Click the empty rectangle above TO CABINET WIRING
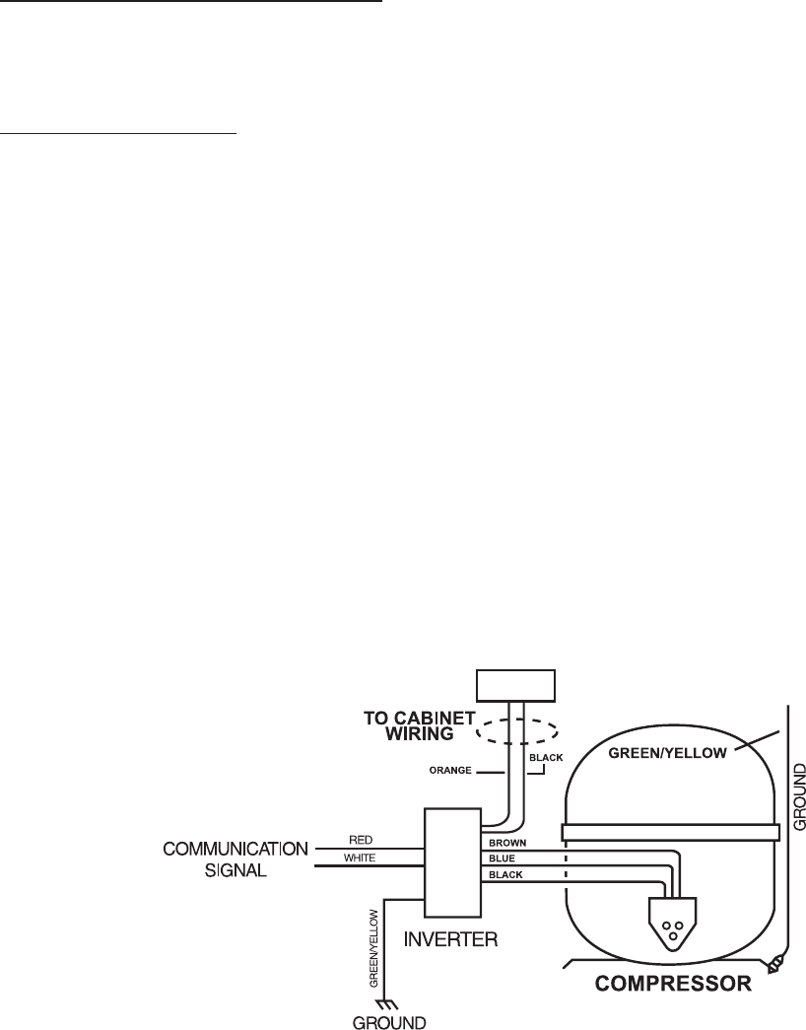(516, 683)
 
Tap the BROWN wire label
(509, 844)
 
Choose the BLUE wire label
(504, 859)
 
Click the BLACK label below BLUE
(506, 875)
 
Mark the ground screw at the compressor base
(779, 961)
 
